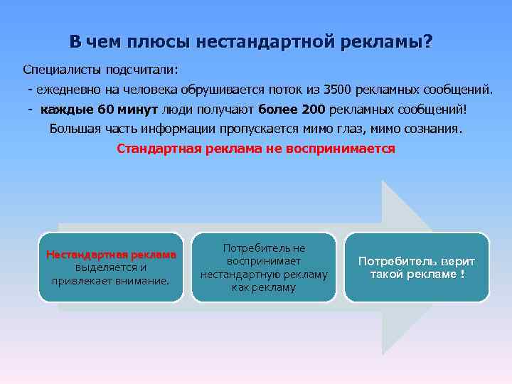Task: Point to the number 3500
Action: pos(338,90)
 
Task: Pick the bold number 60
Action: pos(105,110)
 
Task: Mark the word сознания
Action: pos(432,129)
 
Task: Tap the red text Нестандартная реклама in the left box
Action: pos(110,255)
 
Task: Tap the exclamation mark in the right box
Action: pos(462,274)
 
